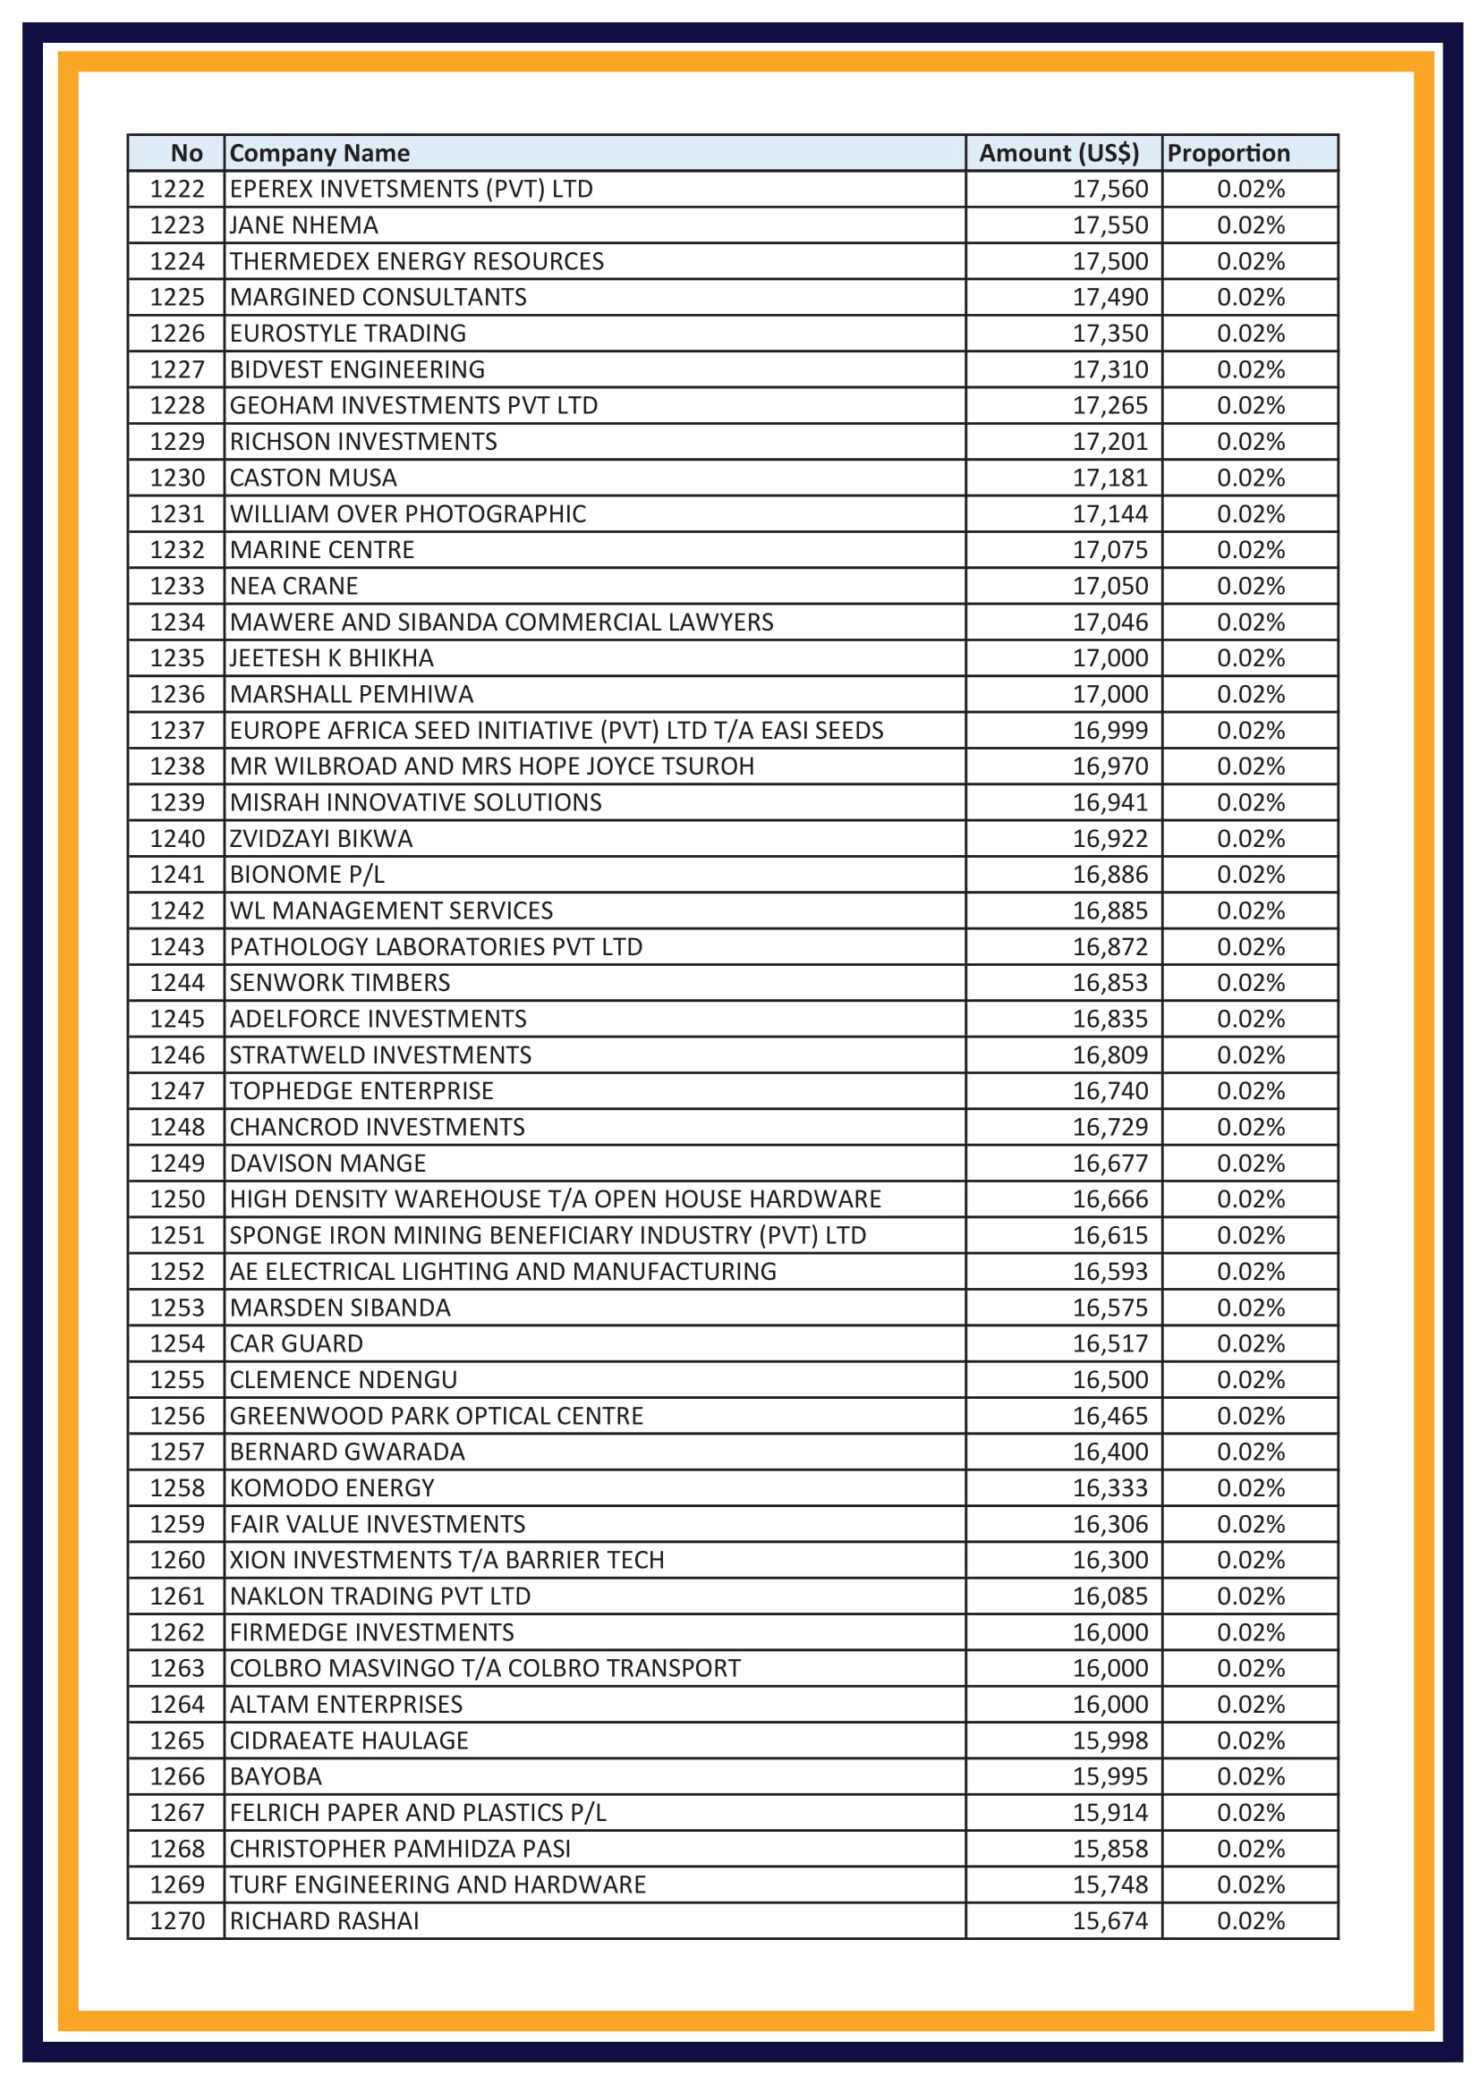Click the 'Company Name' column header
click(319, 153)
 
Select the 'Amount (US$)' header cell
click(1058, 153)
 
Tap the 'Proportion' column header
click(1228, 153)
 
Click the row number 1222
click(177, 189)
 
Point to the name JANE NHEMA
click(303, 225)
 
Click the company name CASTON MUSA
click(312, 478)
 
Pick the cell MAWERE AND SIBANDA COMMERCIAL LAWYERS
click(500, 623)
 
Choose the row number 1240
click(177, 838)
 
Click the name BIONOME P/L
click(306, 875)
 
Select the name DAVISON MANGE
click(327, 1164)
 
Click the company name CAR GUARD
click(295, 1344)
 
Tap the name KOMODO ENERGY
click(332, 1488)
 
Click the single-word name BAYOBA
click(276, 1777)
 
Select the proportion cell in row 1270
click(1249, 1920)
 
